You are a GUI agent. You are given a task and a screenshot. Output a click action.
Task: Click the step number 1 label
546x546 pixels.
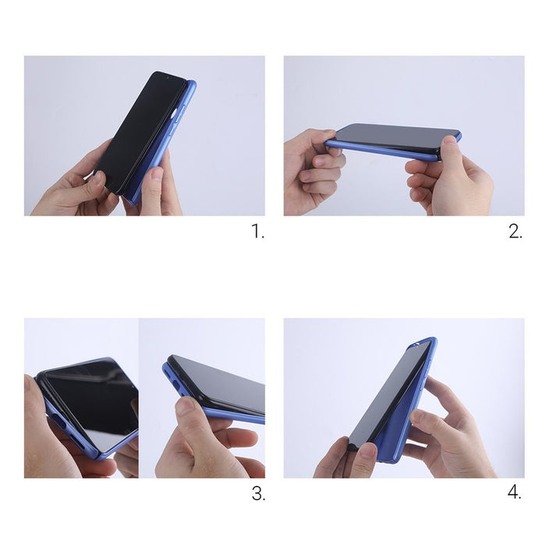(257, 232)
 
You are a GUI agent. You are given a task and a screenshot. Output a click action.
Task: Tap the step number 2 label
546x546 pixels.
(516, 232)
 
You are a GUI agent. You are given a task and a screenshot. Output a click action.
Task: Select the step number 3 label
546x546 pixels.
(257, 493)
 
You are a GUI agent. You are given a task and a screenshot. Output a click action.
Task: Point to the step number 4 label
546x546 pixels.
(516, 493)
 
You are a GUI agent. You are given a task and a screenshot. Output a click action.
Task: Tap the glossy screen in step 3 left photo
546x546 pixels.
(90, 402)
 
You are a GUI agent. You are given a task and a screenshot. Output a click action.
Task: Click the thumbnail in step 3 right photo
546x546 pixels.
(185, 406)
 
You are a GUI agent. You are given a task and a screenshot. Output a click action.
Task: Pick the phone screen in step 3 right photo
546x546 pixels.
(222, 386)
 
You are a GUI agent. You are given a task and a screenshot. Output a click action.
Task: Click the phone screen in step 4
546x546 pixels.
(390, 398)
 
